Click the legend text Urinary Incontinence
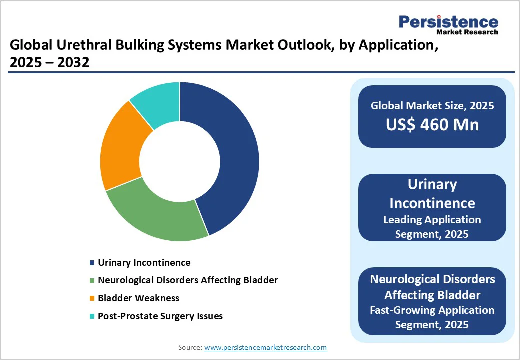point(144,263)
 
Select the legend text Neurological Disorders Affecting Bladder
point(188,280)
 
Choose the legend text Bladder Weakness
point(138,298)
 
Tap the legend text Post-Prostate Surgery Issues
point(160,316)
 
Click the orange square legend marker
point(92,299)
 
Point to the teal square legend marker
point(92,317)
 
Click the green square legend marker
point(92,281)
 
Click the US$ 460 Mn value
point(432,124)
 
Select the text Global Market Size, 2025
point(432,106)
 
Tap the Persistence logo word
point(448,22)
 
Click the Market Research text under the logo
point(467,32)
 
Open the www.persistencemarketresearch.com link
point(265,347)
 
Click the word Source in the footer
point(189,347)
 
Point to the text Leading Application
point(432,220)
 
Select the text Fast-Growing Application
point(432,310)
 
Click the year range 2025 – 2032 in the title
point(49,62)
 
